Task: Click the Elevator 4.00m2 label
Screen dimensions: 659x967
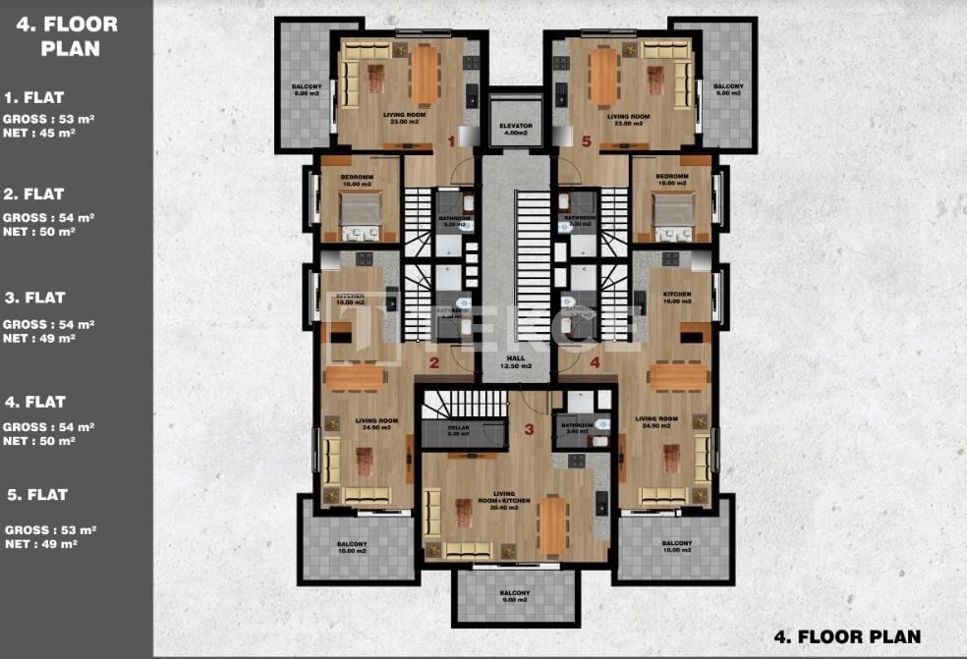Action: [x=515, y=130]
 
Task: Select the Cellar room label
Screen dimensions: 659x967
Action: [x=459, y=430]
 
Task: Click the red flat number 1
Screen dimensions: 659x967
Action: [x=451, y=141]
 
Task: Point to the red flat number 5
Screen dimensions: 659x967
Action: [x=587, y=141]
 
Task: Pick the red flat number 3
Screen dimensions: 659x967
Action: [x=529, y=429]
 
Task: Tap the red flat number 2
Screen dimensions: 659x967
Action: [x=433, y=362]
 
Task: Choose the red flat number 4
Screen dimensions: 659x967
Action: [x=595, y=362]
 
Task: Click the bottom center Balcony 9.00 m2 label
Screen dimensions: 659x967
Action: [x=513, y=596]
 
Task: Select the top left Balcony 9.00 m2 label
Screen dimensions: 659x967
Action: [x=307, y=90]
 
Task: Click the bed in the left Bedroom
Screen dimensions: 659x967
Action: [x=360, y=209]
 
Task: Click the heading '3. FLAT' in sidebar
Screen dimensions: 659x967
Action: [x=34, y=298]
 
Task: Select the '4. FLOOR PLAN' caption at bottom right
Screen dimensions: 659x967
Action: [x=845, y=636]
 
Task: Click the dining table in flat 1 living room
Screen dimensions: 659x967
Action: [x=425, y=74]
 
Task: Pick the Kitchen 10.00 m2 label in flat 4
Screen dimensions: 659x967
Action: [x=676, y=299]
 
